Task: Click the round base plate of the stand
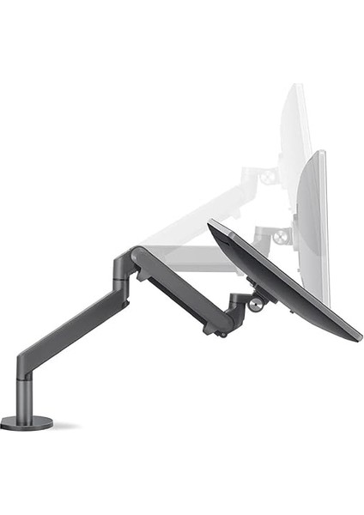(x=26, y=422)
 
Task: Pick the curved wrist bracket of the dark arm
(x=231, y=314)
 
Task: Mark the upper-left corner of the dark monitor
(x=211, y=222)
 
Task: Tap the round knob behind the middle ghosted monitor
(x=278, y=233)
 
